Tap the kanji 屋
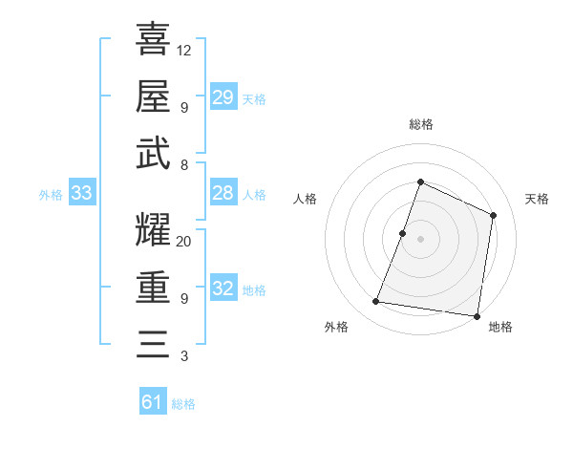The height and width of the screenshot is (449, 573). click(153, 96)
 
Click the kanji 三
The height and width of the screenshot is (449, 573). click(153, 344)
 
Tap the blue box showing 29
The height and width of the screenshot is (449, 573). click(223, 97)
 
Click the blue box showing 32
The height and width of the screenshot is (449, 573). click(223, 289)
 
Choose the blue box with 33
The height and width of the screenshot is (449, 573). click(82, 194)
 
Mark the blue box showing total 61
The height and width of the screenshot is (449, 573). click(153, 402)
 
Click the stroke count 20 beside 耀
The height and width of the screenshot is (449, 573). click(184, 242)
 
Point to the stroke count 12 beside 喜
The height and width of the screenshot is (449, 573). click(184, 50)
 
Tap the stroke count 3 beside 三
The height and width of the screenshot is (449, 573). click(183, 357)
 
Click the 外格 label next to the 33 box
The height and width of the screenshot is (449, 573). click(51, 195)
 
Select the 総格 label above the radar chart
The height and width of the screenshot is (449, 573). click(420, 125)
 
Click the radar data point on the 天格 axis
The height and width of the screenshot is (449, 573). click(494, 215)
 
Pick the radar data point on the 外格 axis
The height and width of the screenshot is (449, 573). click(376, 302)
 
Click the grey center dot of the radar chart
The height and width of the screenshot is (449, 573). click(420, 239)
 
